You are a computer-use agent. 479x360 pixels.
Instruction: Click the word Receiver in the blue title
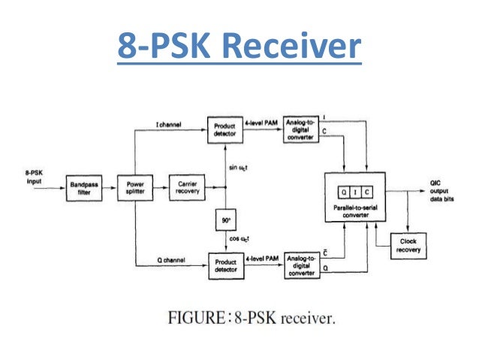(294, 47)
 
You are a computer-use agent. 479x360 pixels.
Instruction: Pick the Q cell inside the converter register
(342, 191)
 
